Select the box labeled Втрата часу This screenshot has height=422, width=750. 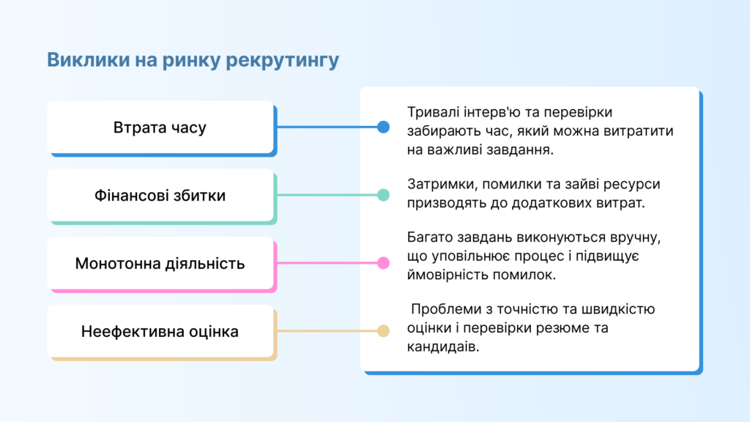coord(162,128)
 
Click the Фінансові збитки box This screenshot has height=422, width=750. coord(162,196)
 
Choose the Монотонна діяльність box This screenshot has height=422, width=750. coord(162,264)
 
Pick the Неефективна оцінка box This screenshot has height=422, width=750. coord(162,332)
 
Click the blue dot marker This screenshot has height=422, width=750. coord(383,127)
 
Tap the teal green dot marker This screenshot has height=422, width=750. coord(383,195)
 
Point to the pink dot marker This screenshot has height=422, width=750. coord(383,263)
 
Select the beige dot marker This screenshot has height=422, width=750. coord(383,330)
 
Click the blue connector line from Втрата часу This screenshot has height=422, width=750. coord(327,127)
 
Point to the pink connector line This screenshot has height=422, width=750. coord(327,263)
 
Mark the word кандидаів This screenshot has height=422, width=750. coord(443,347)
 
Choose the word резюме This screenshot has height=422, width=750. coord(559,329)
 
